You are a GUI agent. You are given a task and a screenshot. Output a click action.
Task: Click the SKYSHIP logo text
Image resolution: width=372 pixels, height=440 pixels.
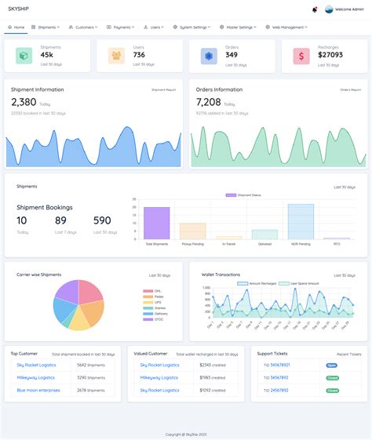(x=21, y=9)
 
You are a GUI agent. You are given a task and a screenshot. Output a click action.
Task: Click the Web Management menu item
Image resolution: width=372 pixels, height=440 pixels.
(x=288, y=27)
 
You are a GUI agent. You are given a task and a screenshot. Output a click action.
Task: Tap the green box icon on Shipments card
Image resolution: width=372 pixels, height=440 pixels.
(x=24, y=56)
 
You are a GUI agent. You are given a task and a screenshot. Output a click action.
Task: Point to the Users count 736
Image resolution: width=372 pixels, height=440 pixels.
(x=139, y=55)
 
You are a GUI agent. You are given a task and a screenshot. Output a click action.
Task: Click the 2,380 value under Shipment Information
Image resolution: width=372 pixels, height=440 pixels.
(x=24, y=102)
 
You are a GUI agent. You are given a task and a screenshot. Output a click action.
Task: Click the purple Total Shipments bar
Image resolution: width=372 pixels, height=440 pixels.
(x=157, y=223)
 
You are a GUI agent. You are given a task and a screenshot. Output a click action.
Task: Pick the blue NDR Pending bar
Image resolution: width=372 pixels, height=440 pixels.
(x=301, y=221)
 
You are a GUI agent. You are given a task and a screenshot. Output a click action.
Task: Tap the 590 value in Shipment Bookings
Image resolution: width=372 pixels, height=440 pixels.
(x=102, y=220)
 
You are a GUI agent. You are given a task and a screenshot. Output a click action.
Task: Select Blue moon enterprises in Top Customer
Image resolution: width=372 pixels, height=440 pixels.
(x=38, y=390)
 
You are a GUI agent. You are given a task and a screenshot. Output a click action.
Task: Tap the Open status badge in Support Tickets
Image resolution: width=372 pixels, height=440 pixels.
(x=333, y=365)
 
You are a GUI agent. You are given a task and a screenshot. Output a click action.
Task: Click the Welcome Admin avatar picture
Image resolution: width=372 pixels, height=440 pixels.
(x=329, y=9)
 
